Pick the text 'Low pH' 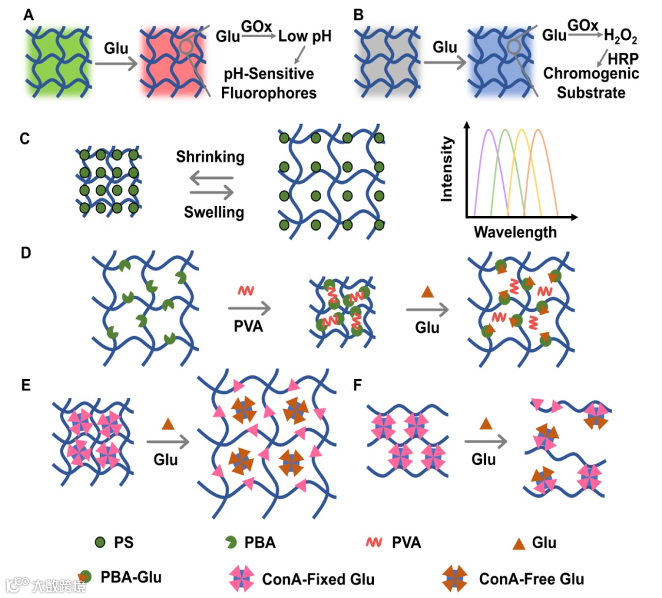(305, 36)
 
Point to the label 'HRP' (620, 58)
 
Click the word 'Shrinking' (210, 157)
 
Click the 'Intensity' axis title (447, 169)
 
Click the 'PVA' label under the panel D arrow (249, 325)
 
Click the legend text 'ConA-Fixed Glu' (318, 578)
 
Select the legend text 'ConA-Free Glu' (531, 578)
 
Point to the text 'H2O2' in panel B (620, 38)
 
